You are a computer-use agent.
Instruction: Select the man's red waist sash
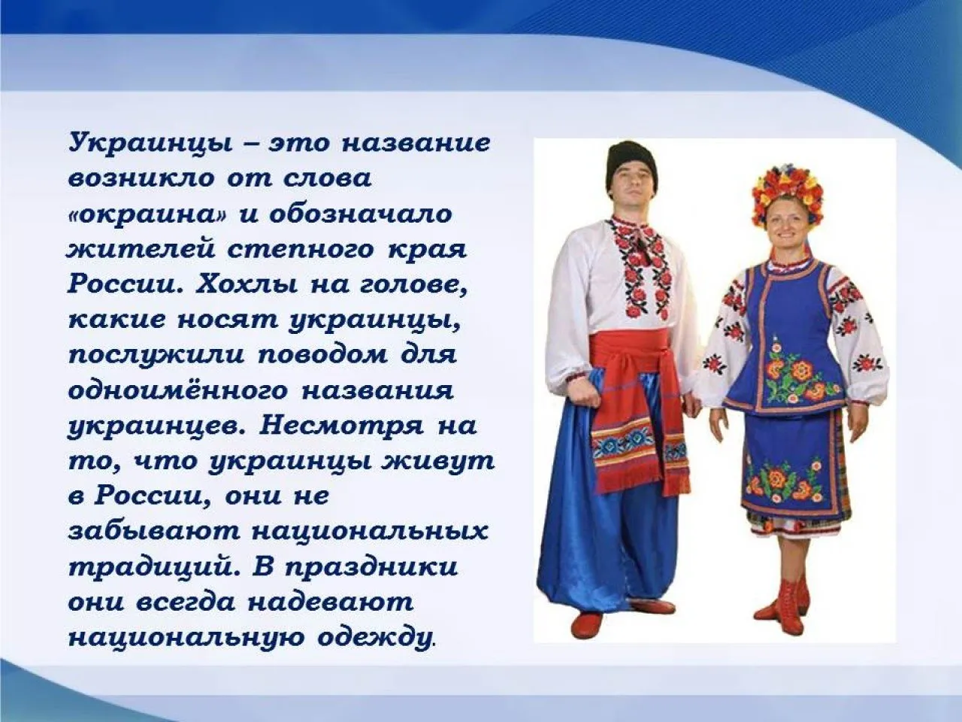(638, 357)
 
